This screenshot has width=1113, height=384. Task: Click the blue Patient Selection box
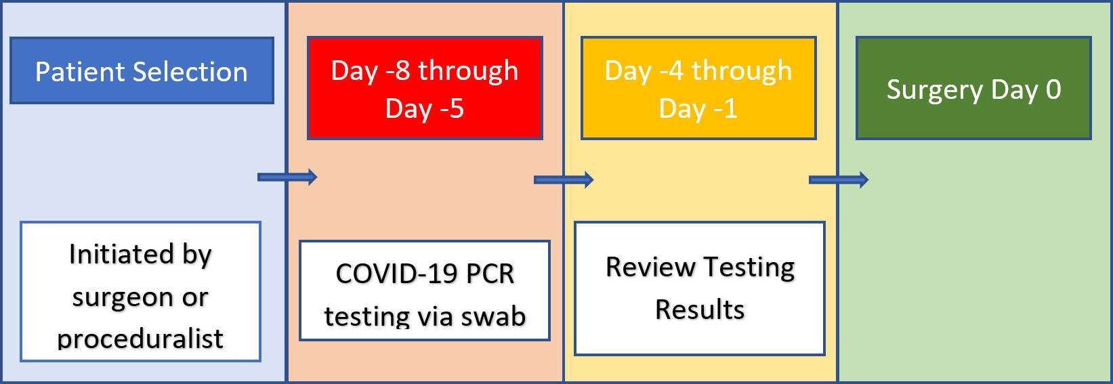(x=142, y=70)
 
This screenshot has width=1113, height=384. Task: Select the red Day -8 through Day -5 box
(x=425, y=88)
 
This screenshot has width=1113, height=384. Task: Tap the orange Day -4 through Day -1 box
(x=698, y=88)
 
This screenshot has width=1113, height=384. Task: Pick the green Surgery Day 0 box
(x=973, y=88)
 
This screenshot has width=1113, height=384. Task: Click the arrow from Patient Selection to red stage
(x=287, y=177)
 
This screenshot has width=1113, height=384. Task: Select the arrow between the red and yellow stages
(x=564, y=179)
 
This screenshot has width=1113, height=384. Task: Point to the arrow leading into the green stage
(x=839, y=179)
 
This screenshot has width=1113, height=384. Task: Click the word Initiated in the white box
(x=121, y=254)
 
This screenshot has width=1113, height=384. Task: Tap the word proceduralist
(x=140, y=339)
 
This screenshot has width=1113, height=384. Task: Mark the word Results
(x=700, y=310)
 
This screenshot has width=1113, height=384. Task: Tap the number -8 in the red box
(x=398, y=70)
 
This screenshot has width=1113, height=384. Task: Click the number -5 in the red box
(x=452, y=108)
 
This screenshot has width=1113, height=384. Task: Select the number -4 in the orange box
(x=671, y=70)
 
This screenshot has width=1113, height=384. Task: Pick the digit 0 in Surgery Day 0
(x=1053, y=89)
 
